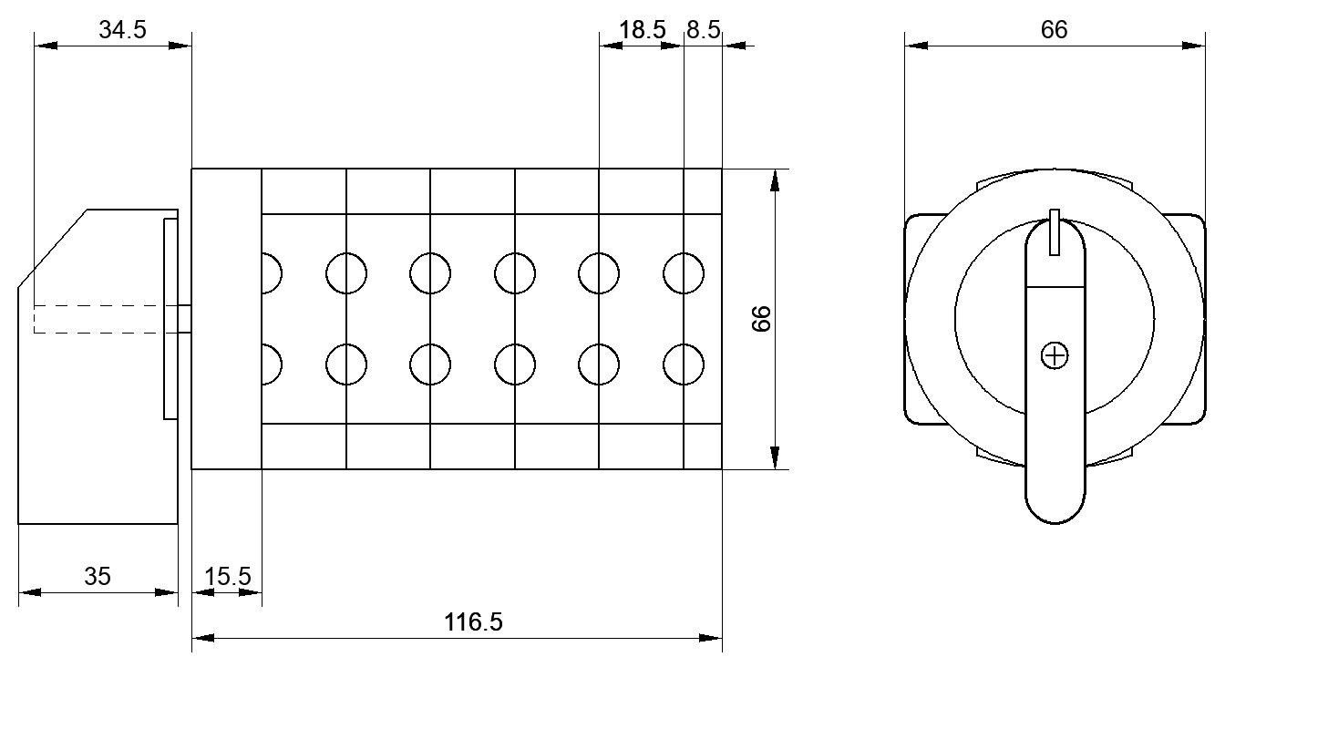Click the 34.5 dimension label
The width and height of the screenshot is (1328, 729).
pos(122,30)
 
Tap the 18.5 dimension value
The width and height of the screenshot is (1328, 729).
pos(642,30)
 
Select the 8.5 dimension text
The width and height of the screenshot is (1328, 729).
pos(703,30)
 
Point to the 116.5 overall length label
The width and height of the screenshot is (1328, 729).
pos(473,622)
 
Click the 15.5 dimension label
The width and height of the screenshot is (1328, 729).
pos(228,576)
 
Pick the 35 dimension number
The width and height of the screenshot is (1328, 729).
pos(98,576)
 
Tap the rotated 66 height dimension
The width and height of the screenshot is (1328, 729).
pos(761,319)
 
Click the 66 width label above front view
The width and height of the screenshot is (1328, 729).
pos(1054,30)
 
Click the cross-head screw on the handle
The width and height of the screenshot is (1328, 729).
pos(1055,355)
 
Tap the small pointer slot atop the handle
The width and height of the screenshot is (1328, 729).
pos(1054,231)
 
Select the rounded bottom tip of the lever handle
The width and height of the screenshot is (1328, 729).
pos(1055,523)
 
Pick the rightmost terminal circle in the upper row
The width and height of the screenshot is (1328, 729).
pos(684,273)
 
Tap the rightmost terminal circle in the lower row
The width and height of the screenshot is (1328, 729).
pos(684,364)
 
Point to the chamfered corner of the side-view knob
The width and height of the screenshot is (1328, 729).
pos(53,248)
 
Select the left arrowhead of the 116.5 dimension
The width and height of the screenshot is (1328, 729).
pos(202,638)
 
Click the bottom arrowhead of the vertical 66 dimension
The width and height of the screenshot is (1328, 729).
pos(774,457)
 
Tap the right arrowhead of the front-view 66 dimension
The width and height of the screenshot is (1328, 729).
pos(1193,46)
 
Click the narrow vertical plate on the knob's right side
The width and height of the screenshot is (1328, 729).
pos(170,319)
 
